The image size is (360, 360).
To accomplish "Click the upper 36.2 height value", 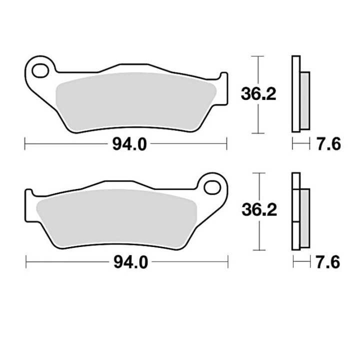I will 258,93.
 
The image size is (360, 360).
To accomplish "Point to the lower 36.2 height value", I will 258,210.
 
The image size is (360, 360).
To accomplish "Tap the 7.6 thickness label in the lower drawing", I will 328,261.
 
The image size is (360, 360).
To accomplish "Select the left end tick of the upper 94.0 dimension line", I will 25,144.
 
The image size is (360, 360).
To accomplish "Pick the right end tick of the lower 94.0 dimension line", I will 228,261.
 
